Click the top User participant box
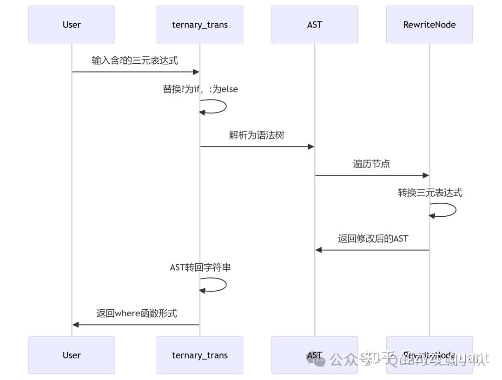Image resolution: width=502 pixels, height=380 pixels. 72,25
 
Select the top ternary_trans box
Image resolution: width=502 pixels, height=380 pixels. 200,25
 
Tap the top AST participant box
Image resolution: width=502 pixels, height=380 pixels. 315,25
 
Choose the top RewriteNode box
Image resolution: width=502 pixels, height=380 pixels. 429,25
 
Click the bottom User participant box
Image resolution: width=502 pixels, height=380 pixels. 72,355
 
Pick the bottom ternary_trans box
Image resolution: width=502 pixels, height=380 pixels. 200,355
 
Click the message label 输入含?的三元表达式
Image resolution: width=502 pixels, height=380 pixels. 135,60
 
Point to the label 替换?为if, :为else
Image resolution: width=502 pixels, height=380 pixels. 200,89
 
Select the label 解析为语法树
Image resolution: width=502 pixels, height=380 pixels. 257,135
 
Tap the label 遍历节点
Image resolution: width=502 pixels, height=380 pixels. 371,164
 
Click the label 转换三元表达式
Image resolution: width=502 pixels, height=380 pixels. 430,193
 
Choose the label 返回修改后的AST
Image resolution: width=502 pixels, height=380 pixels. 373,239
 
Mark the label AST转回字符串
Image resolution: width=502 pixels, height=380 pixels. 200,267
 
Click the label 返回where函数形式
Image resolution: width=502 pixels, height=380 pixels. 137,313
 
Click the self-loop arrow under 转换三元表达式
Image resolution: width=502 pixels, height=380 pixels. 449,210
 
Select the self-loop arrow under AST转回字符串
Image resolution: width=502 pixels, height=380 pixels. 218,285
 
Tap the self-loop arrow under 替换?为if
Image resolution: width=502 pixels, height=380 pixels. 218,107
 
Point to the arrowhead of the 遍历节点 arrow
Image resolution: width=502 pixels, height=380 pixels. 425,175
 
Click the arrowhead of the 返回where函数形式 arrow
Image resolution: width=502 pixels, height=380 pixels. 76,325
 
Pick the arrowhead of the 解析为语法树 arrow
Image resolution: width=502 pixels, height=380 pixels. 311,147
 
